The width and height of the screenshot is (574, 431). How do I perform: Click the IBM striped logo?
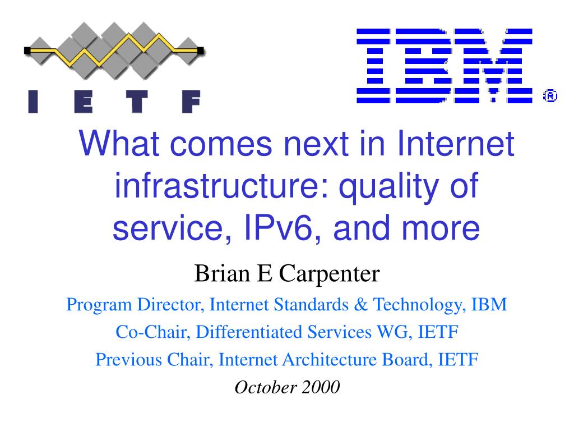pos(445,66)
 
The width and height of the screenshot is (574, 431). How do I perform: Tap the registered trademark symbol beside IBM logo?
pos(550,95)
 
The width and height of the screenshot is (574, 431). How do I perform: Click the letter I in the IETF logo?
pos(33,102)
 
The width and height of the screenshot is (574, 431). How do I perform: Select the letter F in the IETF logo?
pos(191,102)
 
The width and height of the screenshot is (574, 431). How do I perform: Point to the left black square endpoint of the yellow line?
pos(27,51)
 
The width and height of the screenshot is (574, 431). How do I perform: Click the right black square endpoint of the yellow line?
pos(200,51)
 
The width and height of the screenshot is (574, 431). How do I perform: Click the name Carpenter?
pos(329,274)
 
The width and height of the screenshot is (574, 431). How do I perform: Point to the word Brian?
pos(222,273)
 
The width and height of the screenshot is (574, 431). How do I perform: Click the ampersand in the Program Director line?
pos(360,305)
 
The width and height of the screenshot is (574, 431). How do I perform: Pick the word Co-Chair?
pos(153,332)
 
